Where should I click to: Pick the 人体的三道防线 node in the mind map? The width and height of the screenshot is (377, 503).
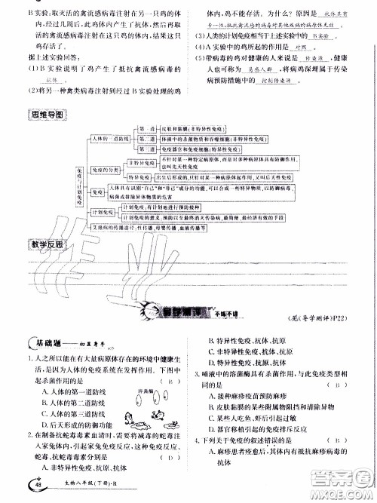tap(109, 140)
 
